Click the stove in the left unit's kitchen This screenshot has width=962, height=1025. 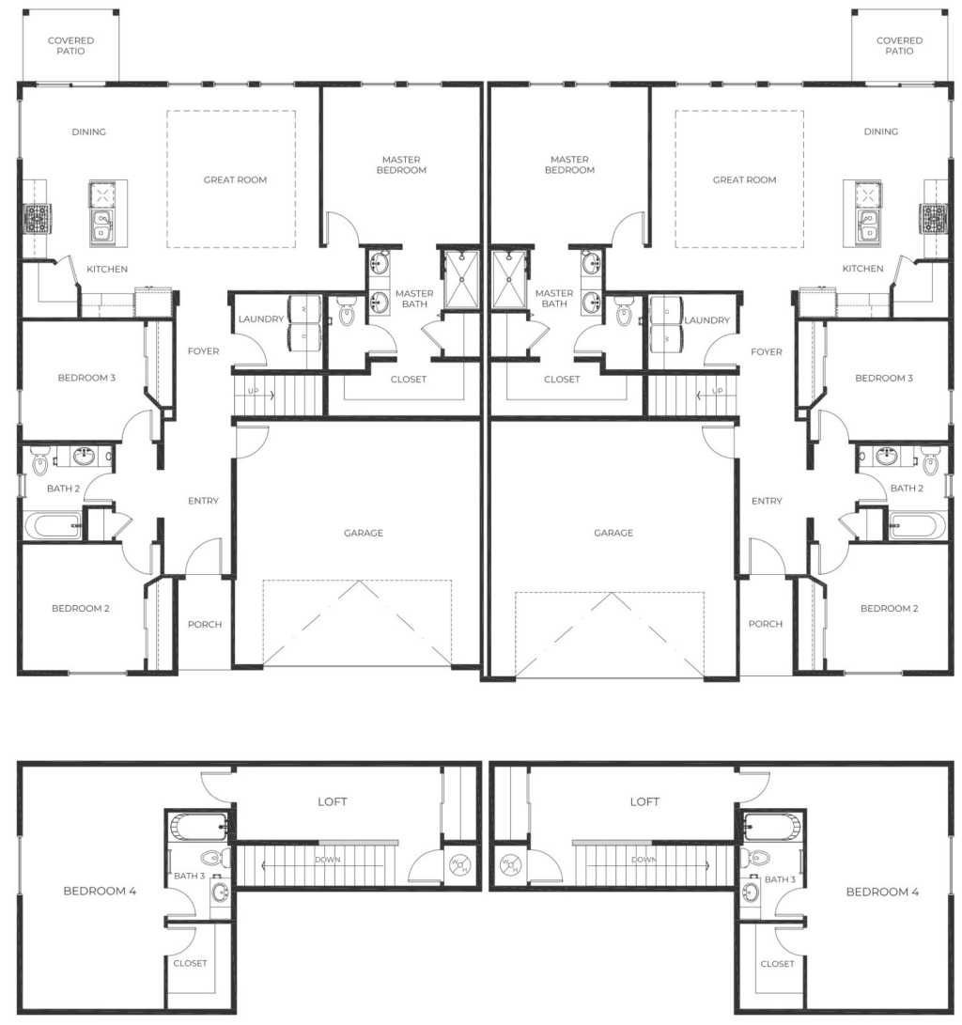click(38, 218)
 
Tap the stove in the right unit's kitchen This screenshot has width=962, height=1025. click(933, 218)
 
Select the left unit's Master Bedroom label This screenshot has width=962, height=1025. click(401, 164)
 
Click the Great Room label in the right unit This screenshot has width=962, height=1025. click(744, 179)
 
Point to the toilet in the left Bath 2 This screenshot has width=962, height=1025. click(39, 460)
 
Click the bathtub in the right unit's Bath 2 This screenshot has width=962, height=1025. click(917, 525)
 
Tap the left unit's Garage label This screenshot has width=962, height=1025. click(364, 533)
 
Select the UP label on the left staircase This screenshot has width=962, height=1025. click(253, 391)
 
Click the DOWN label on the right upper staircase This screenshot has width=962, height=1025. click(644, 860)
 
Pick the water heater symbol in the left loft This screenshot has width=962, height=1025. click(458, 865)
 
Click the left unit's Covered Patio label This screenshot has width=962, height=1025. click(70, 46)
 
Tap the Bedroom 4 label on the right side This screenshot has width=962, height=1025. click(882, 892)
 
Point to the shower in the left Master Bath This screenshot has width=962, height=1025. click(462, 280)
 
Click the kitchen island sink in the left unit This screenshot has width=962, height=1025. click(102, 226)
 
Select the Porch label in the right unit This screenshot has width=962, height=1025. click(766, 624)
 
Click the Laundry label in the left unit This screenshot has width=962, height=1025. click(261, 319)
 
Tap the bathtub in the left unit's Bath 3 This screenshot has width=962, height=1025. click(198, 826)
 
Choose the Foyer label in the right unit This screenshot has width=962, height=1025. click(767, 351)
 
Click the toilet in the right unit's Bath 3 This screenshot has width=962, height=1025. click(757, 857)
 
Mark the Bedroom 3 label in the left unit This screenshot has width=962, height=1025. click(86, 378)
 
